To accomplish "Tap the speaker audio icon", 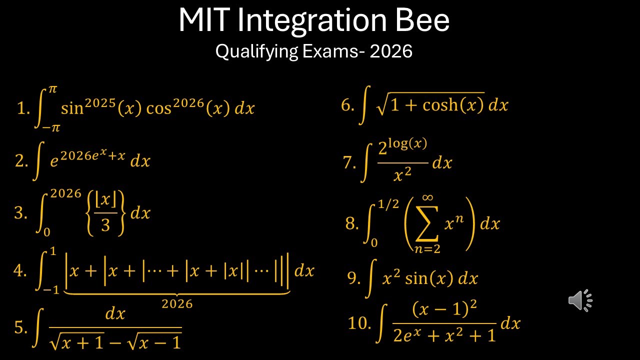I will click(580, 300).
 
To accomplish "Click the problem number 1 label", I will click(23, 108).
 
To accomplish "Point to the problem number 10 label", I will click(359, 323).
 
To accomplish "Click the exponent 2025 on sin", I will click(100, 103).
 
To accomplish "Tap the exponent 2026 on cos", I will click(189, 103).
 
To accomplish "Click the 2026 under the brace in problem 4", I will click(177, 303).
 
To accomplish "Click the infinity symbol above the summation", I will click(427, 198).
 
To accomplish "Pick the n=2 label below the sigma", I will click(427, 249).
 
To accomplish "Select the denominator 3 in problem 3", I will click(105, 225).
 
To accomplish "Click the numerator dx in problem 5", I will click(115, 313).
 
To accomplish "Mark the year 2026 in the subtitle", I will click(391, 51).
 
